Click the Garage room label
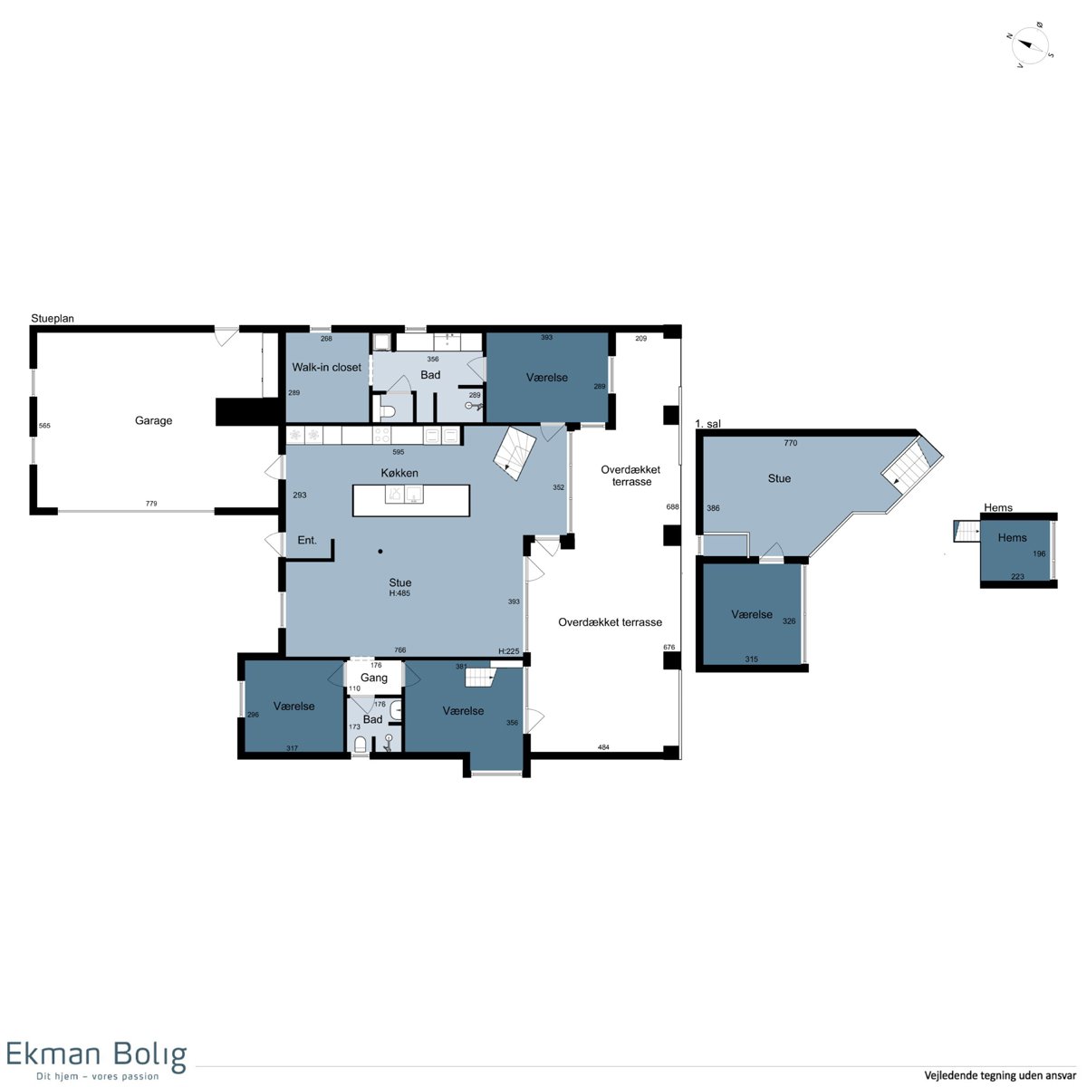click(x=153, y=421)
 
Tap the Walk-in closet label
click(x=327, y=367)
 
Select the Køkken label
click(x=399, y=473)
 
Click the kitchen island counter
click(x=411, y=500)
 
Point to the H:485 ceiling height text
click(x=399, y=593)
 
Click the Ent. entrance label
click(x=307, y=540)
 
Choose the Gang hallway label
click(x=374, y=678)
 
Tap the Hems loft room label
click(x=1012, y=537)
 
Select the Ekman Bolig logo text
click(x=96, y=1053)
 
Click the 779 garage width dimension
click(x=151, y=503)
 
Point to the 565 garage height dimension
click(x=44, y=426)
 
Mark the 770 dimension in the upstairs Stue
click(x=790, y=443)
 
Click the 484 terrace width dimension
click(x=603, y=746)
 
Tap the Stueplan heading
click(x=53, y=318)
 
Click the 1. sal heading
click(x=708, y=424)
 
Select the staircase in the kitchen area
click(x=515, y=453)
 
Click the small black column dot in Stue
click(x=380, y=551)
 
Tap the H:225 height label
click(x=508, y=651)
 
